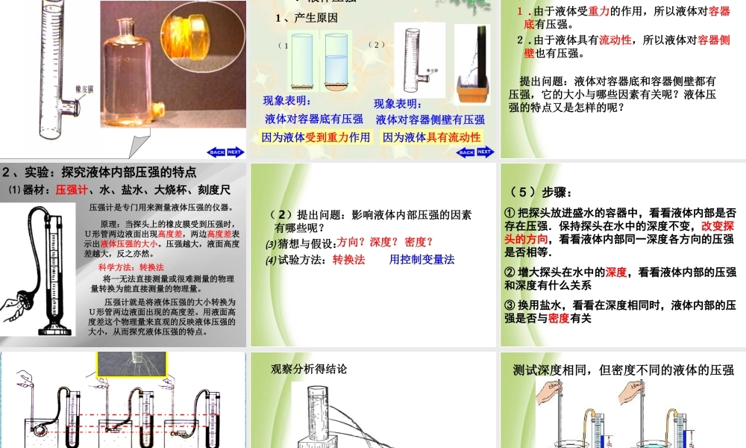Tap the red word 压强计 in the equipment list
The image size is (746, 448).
71,190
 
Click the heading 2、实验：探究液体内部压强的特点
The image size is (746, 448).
99,171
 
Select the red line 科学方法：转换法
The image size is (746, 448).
131,267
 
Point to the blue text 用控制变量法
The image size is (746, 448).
421,260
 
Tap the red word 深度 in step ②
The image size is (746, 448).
616,272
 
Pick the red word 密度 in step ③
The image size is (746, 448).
559,318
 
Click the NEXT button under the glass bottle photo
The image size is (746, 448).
235,152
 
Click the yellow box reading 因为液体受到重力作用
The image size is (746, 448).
316,137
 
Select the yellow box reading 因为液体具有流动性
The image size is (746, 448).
431,137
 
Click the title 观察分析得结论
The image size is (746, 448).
308,369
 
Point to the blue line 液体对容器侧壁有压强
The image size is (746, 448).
430,119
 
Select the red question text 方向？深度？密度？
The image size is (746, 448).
386,241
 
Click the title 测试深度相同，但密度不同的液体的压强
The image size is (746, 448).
624,370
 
